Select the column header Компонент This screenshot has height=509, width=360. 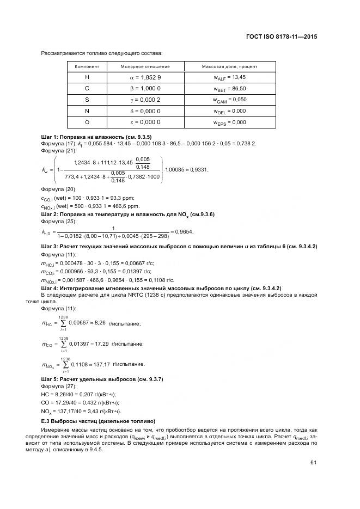coord(87,66)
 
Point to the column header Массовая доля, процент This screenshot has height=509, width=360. coord(229,66)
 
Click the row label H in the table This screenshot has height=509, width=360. coord(87,77)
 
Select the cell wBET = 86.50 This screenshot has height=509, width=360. coord(229,88)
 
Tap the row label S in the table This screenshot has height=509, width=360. coord(87,100)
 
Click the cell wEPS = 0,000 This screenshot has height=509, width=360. coord(229,122)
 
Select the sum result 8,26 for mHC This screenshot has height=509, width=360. coord(99,323)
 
